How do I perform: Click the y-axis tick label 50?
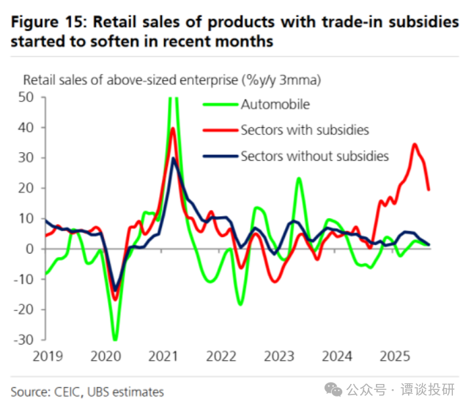tap(26, 97)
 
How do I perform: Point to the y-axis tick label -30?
tap(24, 340)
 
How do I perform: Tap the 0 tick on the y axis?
tap(30, 249)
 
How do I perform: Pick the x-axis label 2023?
tap(279, 356)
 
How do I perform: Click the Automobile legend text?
tap(274, 104)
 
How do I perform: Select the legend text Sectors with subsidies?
tap(305, 130)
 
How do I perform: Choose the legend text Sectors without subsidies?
tap(315, 156)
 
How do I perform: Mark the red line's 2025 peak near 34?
tap(414, 144)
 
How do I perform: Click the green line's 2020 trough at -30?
tap(116, 340)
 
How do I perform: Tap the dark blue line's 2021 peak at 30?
tap(173, 158)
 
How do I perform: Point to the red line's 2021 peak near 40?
tap(172, 128)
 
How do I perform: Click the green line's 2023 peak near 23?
tap(299, 178)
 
